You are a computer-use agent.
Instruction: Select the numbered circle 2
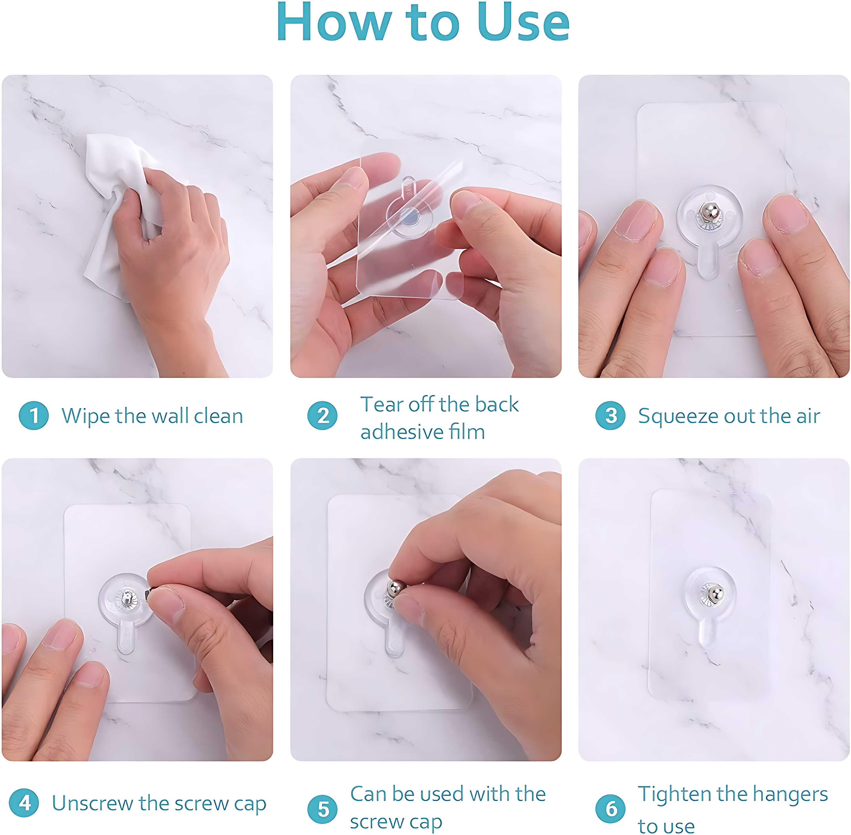[x=323, y=416]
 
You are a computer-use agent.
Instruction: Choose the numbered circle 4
[x=24, y=803]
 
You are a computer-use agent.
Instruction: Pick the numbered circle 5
[x=323, y=809]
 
